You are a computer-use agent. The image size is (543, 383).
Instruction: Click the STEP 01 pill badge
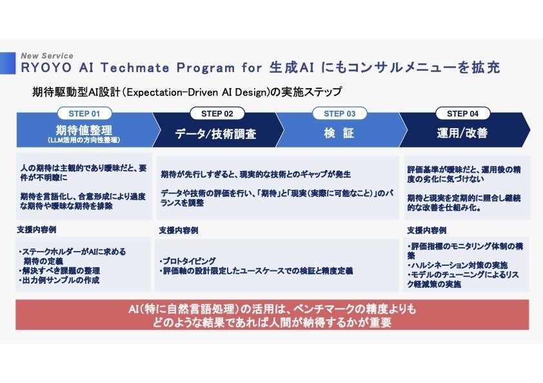[84, 114]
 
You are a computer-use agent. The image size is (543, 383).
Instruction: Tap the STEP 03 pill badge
[339, 114]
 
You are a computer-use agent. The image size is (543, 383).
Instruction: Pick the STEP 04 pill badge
[462, 114]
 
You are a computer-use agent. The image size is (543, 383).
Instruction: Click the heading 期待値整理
[84, 129]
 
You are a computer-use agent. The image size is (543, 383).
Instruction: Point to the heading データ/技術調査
[216, 134]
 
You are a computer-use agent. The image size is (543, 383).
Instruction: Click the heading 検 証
[339, 134]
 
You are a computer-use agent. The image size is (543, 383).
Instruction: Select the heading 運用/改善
[462, 134]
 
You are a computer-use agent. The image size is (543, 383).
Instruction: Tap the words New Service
[47, 56]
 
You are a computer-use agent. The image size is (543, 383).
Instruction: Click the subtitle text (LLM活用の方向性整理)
[84, 140]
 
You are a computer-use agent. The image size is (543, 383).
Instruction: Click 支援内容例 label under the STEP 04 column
[426, 230]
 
